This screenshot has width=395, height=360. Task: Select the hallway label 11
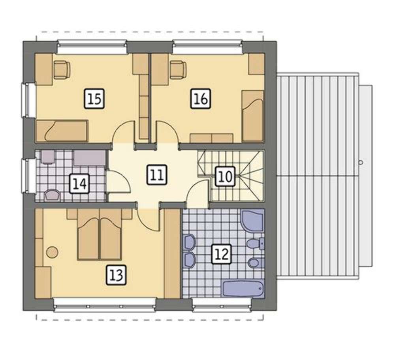click(x=157, y=175)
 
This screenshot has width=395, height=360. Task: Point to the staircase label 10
click(x=225, y=176)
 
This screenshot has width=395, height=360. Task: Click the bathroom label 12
click(x=222, y=254)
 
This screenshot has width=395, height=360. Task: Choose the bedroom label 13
click(x=116, y=275)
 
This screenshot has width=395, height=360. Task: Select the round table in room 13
click(x=52, y=251)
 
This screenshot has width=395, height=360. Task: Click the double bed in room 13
click(x=100, y=234)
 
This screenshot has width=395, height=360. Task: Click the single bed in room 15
click(x=62, y=130)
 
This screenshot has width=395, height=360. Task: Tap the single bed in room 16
click(x=253, y=116)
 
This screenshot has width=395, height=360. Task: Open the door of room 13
click(x=149, y=218)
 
